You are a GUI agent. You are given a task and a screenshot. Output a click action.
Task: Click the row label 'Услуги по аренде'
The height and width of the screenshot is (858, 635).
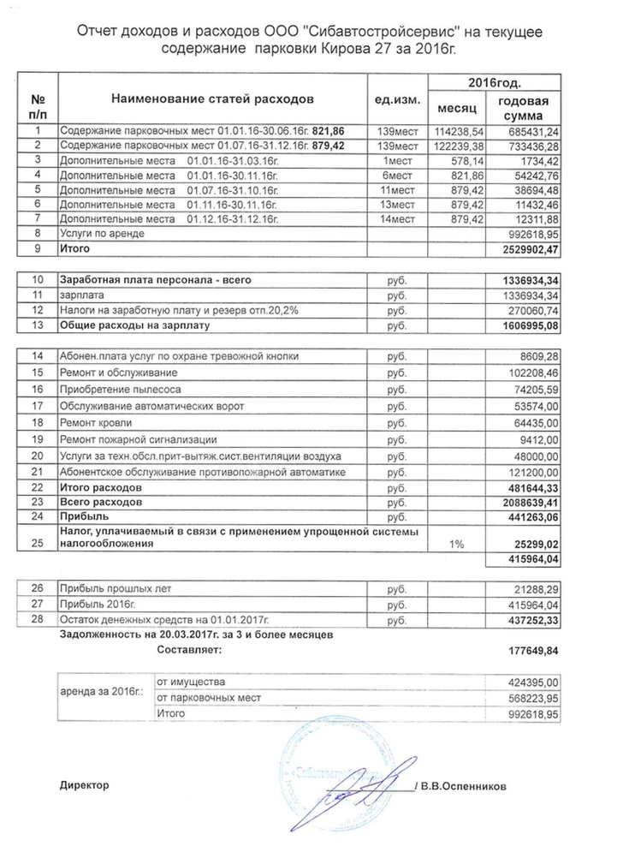coord(101,233)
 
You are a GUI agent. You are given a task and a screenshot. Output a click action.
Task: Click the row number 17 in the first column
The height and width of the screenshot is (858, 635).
coord(37,405)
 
